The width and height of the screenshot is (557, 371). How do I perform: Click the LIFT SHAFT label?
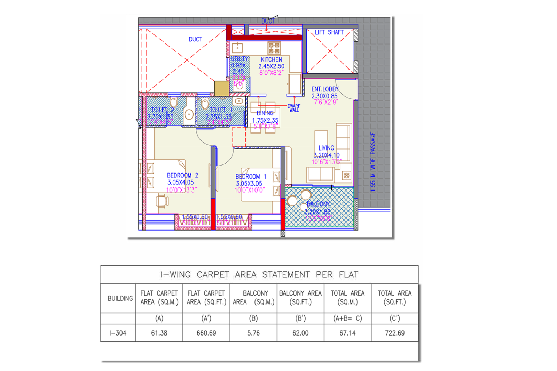point(329,32)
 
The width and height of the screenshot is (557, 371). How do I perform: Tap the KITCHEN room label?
point(271,60)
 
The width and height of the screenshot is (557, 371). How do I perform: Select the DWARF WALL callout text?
point(294,108)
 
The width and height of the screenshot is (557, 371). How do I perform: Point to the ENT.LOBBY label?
point(324,89)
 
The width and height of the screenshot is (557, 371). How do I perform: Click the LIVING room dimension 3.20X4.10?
point(326,155)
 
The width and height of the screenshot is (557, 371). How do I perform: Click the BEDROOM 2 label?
point(182,176)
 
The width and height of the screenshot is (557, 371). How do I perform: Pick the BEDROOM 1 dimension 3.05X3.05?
point(249,183)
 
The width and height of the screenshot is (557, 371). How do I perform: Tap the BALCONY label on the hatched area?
point(318,204)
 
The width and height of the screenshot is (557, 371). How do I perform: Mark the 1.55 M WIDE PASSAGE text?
point(373,162)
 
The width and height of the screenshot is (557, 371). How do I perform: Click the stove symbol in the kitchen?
point(274,48)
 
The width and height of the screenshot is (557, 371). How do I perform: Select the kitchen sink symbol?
point(237,47)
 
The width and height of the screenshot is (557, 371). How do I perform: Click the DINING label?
point(265,113)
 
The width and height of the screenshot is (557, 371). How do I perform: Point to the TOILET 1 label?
point(220,110)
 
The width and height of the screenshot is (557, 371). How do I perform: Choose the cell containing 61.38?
point(159,333)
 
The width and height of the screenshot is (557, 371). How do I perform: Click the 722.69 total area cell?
point(394,333)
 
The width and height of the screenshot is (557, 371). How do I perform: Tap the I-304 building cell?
point(118,333)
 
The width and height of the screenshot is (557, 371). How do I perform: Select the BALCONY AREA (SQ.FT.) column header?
point(300,298)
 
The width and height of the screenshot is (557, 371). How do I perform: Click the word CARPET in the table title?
point(213,275)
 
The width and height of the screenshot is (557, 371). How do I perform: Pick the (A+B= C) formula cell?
point(347,318)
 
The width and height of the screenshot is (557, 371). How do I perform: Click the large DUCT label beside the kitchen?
point(195,39)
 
